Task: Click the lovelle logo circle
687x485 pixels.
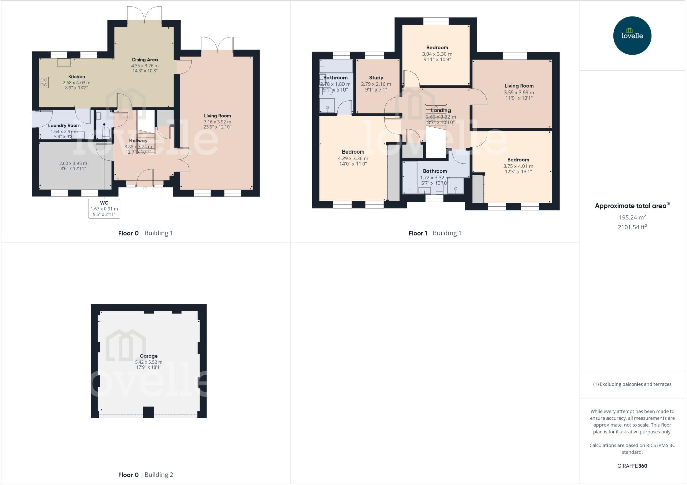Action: pos(632,36)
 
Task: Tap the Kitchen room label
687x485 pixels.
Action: pos(76,77)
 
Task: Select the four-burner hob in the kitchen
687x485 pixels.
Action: pos(44,82)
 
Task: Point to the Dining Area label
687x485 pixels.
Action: pos(145,60)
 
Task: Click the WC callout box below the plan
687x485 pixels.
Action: pos(104,208)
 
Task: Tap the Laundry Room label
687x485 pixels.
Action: pos(64,126)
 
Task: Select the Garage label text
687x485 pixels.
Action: pos(149,356)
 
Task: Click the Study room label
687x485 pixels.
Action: pos(376,78)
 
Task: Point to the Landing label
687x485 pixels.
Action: pos(440,110)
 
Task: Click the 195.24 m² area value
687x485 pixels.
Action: pos(632,217)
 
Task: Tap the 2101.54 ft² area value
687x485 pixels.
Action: pos(632,227)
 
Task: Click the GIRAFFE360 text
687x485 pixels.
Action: pos(632,466)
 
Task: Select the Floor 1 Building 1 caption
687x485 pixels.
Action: pos(434,233)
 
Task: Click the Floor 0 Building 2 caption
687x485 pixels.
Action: pos(146,475)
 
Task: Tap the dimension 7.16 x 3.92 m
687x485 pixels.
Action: pos(217,122)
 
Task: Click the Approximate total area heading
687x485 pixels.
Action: pos(632,206)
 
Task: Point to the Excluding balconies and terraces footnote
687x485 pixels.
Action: pos(632,384)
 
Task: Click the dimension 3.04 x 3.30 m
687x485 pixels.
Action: pos(437,54)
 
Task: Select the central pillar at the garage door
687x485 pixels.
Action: pos(148,412)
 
